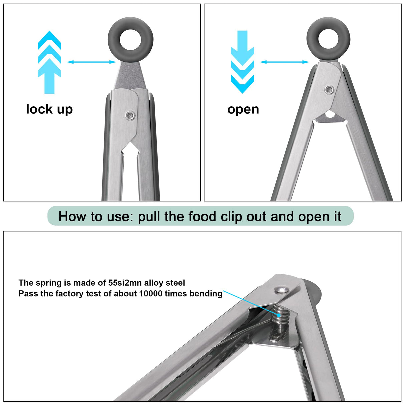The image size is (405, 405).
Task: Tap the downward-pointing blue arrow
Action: click(242, 62)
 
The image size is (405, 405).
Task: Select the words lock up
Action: click(49, 109)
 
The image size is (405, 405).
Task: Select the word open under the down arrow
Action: click(243, 109)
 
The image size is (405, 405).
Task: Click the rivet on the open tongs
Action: click(329, 89)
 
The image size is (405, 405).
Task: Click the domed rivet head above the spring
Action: click(282, 289)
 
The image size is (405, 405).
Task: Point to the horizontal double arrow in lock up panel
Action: click(91, 62)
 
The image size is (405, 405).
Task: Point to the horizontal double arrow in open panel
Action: click(284, 62)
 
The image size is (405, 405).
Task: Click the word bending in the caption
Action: click(206, 294)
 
